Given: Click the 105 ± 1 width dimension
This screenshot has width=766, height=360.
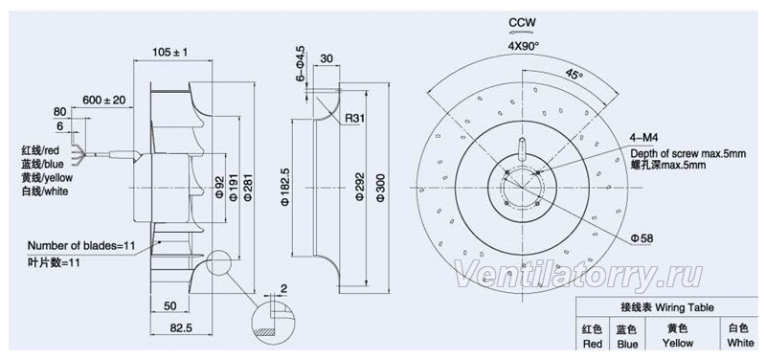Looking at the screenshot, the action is click(170, 52).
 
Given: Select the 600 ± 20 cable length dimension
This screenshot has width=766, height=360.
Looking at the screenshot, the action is click(104, 101).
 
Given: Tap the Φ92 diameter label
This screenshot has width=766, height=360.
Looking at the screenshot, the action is click(219, 188).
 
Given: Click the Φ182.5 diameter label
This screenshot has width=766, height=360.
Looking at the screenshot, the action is click(285, 188).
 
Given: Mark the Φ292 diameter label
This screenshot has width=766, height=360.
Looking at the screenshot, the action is click(360, 186).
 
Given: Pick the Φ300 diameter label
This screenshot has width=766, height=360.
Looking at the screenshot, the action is click(381, 186).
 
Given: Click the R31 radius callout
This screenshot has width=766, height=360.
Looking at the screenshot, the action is click(353, 118).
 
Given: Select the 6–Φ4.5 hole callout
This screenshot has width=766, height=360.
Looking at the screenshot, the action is click(300, 63).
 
